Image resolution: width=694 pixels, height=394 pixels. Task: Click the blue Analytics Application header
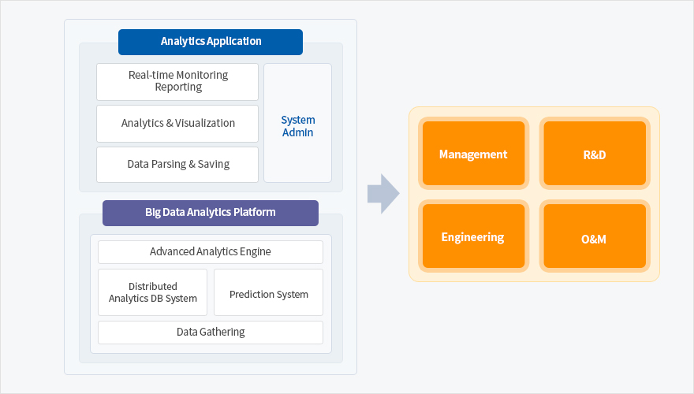pos(211,42)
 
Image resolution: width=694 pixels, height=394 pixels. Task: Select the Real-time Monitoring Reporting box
pos(177,82)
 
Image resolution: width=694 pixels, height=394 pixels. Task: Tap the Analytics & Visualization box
pos(177,124)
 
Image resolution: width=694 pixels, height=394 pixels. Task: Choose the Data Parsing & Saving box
pos(177,165)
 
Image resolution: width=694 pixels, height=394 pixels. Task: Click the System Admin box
pos(297,123)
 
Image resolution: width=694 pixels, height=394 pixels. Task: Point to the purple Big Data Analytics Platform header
pos(211,213)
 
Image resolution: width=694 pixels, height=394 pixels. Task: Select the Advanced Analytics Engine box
pos(211,252)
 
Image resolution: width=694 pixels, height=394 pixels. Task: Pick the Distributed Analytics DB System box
pos(153,292)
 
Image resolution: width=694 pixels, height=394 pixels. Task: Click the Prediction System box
pos(269,292)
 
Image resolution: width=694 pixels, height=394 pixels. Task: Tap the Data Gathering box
pos(211,333)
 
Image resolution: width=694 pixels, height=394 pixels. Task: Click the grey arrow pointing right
pos(383,194)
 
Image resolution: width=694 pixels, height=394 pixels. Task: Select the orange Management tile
pos(474,154)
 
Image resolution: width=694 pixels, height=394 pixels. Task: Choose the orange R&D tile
pos(595,154)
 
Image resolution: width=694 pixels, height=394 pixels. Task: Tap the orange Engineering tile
pos(474,236)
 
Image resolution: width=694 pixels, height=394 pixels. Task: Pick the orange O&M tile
pos(595,236)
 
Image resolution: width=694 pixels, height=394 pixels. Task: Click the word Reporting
pos(178,87)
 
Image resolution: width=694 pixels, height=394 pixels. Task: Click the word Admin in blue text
pos(298,132)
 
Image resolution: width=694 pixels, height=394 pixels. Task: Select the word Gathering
pos(222,332)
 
